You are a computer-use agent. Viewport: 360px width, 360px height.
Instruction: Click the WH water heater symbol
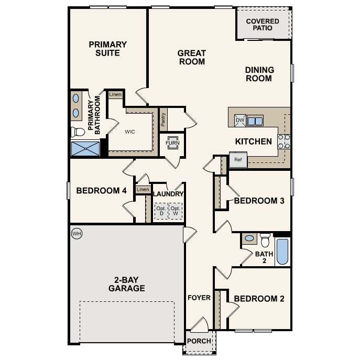(77, 233)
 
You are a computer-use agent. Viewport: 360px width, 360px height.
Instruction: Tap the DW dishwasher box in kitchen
(240, 121)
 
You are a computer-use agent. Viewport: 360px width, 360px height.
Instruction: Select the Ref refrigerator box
(237, 160)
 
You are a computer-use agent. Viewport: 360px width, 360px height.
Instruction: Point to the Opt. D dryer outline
(161, 211)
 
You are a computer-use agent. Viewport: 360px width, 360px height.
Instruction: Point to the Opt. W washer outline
(177, 211)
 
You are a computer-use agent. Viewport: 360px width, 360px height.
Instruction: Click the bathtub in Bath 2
(282, 252)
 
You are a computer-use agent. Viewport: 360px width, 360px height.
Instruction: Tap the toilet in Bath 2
(265, 240)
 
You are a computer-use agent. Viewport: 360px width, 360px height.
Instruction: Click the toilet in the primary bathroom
(78, 131)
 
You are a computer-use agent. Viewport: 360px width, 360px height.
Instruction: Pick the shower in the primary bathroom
(85, 148)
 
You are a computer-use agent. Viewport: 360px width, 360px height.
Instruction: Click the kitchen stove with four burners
(284, 141)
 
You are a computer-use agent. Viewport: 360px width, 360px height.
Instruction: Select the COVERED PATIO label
(263, 24)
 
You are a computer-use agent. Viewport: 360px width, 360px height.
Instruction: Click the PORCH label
(200, 341)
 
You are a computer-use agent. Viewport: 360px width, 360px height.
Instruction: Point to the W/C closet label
(130, 132)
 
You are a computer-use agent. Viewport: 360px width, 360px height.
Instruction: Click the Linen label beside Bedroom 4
(143, 189)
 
